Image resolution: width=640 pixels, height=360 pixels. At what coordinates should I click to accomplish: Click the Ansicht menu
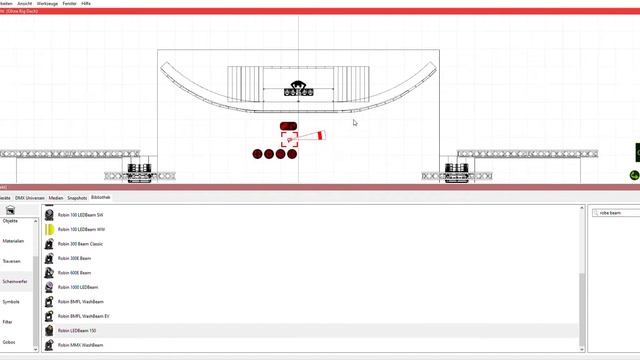[25, 4]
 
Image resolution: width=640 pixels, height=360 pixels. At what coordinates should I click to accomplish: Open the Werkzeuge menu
[47, 4]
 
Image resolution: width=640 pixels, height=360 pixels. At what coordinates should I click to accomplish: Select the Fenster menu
[69, 4]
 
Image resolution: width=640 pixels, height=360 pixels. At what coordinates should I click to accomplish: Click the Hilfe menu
[87, 4]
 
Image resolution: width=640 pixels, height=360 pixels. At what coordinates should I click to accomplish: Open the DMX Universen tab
[29, 198]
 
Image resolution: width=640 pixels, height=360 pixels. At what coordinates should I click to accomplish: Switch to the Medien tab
[55, 198]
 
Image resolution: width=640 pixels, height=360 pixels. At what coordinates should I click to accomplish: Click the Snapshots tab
[76, 198]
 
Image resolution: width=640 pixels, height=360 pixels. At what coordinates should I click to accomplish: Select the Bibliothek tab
[101, 198]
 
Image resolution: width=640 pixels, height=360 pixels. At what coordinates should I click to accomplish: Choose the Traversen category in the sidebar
[12, 261]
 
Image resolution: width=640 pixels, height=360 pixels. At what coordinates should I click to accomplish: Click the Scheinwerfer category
[14, 281]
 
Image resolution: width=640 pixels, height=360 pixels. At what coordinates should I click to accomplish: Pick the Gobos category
[9, 342]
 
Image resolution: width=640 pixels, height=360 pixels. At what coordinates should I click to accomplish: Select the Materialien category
[13, 241]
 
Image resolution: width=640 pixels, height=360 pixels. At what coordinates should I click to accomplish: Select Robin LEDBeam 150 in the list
[77, 330]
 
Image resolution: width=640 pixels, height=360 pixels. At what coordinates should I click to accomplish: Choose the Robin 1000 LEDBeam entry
[78, 287]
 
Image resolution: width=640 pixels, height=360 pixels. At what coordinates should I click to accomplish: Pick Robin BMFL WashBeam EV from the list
[83, 316]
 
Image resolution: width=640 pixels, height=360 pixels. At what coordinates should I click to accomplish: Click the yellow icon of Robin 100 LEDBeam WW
[49, 229]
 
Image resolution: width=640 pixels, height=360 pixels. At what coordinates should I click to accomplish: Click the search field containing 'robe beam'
[612, 213]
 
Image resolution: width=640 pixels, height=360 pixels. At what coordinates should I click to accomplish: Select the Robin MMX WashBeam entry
[80, 345]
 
